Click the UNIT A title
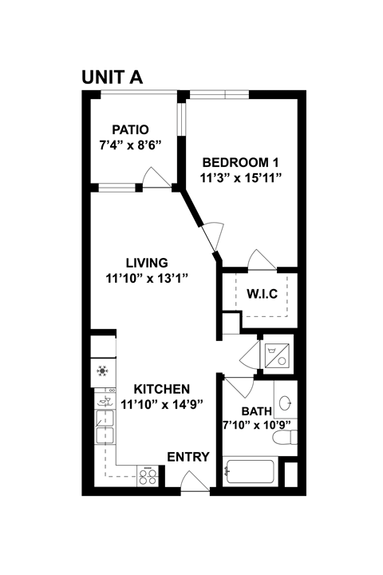tap(112, 77)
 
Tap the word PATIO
tap(131, 130)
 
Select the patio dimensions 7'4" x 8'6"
tap(131, 145)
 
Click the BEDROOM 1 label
tap(240, 160)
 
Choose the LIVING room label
tap(147, 263)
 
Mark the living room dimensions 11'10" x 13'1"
tap(147, 278)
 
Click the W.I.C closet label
tap(262, 294)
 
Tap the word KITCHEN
tap(161, 388)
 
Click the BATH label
tap(257, 411)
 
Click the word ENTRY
tap(188, 457)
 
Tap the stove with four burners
tap(148, 476)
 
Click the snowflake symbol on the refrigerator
tap(102, 371)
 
